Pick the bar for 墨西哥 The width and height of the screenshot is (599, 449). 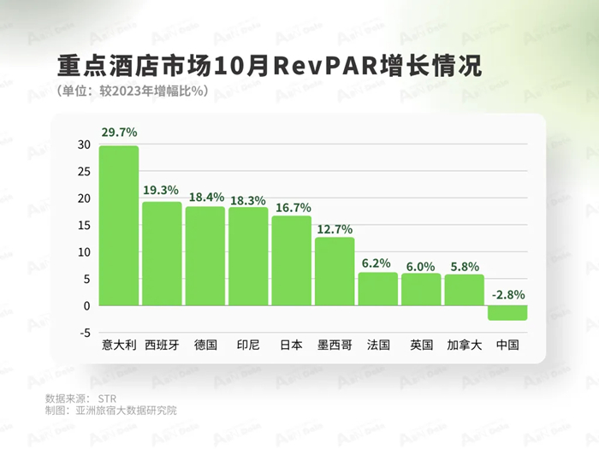click(335, 271)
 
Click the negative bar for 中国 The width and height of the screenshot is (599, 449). click(507, 312)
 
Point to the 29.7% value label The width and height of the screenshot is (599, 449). click(119, 133)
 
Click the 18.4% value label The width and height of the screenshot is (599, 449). click(205, 196)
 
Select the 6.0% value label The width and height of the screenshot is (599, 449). click(421, 263)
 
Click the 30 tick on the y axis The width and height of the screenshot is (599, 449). click(83, 145)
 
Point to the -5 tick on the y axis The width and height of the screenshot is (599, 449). click(84, 333)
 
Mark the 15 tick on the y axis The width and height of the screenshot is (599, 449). click(83, 226)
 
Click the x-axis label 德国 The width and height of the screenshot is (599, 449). click(205, 346)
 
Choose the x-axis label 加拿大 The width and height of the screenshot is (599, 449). click(464, 346)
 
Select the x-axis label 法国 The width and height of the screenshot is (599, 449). click(377, 346)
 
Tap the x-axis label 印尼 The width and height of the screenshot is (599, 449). click(248, 346)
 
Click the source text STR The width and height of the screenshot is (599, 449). click(107, 398)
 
